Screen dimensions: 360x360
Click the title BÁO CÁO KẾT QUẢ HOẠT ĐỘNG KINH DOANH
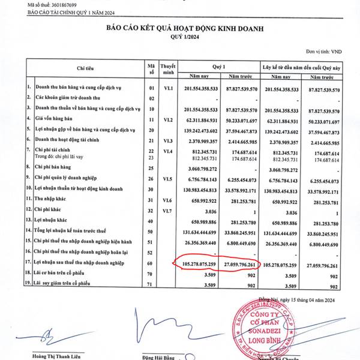pyautogui.click(x=185, y=28)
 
